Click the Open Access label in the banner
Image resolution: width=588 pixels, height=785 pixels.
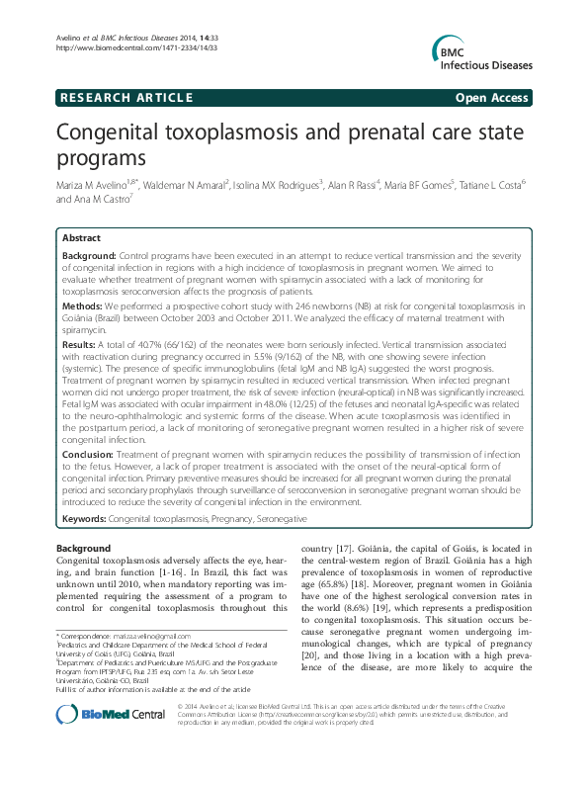click(492, 97)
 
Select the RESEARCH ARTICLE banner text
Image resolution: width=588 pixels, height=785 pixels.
click(126, 97)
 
